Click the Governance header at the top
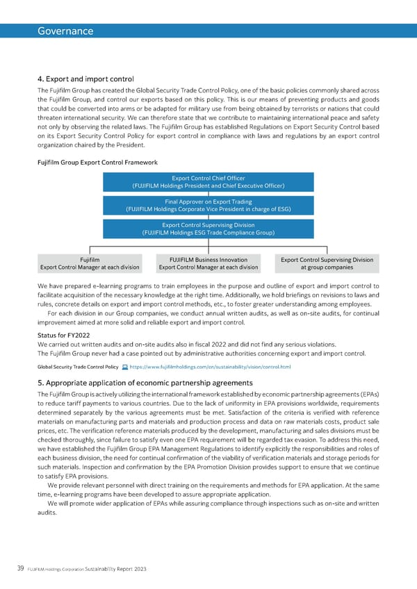pyautogui.click(x=65, y=31)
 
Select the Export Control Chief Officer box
pyautogui.click(x=208, y=181)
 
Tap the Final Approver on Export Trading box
pyautogui.click(x=208, y=205)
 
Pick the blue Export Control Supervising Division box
pyautogui.click(x=208, y=229)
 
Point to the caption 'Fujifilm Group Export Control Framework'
pyautogui.click(x=97, y=163)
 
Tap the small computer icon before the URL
pyautogui.click(x=124, y=367)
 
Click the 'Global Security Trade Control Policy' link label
pyautogui.click(x=78, y=367)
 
